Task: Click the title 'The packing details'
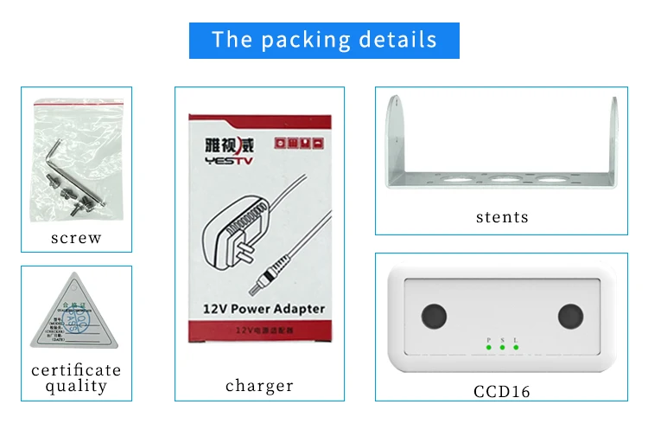[x=324, y=40]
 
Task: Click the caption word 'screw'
[x=76, y=238]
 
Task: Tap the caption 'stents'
[x=502, y=217]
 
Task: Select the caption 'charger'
[x=259, y=386]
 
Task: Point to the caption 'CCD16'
[x=501, y=391]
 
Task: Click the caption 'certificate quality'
[x=76, y=378]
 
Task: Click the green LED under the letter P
[x=488, y=348]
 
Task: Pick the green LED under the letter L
[x=516, y=348]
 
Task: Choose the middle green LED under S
[x=502, y=348]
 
